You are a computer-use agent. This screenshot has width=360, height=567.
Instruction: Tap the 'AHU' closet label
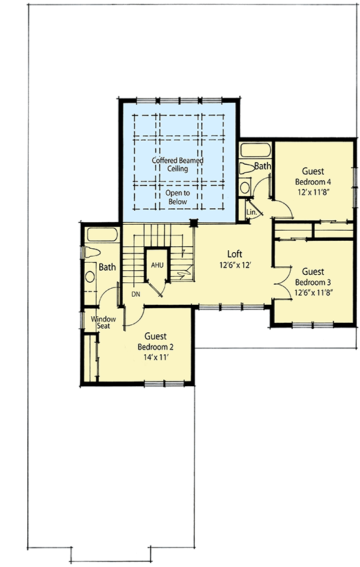click(x=157, y=265)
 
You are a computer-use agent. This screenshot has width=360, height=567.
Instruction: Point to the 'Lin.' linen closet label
click(x=251, y=212)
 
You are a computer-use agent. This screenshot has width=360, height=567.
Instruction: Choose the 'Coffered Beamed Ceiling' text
click(x=178, y=165)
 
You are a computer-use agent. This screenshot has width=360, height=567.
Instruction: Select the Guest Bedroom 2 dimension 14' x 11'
click(x=152, y=358)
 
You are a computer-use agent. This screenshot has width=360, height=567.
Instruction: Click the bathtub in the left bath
click(x=101, y=234)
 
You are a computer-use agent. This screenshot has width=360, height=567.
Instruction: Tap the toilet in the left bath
click(x=91, y=253)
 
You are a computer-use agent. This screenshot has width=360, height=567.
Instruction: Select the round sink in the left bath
click(x=90, y=276)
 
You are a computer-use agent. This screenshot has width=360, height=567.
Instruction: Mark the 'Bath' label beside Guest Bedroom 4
click(x=263, y=165)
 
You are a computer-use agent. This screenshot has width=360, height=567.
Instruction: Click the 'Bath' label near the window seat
click(x=107, y=267)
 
